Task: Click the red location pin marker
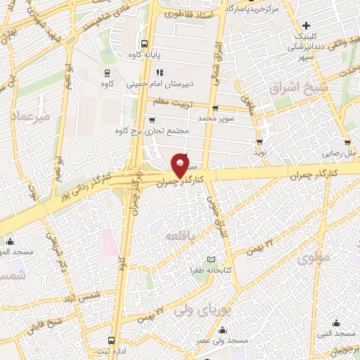pos(181,165)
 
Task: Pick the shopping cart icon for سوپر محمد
pos(215,108)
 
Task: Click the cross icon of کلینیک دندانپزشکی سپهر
pos(305,25)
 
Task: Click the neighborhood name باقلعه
pos(175,237)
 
